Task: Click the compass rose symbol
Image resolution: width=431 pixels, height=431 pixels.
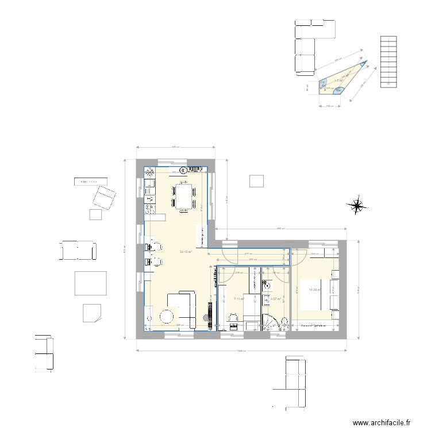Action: pos(357,205)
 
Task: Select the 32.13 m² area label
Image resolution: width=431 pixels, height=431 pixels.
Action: pos(185,252)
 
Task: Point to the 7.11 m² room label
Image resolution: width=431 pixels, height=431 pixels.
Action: pos(239,299)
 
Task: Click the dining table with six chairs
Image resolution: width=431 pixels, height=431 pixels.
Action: pos(184,196)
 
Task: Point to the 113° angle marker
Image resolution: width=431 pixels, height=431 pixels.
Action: pos(338,90)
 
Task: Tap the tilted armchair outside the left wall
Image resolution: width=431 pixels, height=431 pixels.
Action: pos(105,197)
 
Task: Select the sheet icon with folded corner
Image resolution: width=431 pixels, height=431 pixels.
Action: pos(91,312)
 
